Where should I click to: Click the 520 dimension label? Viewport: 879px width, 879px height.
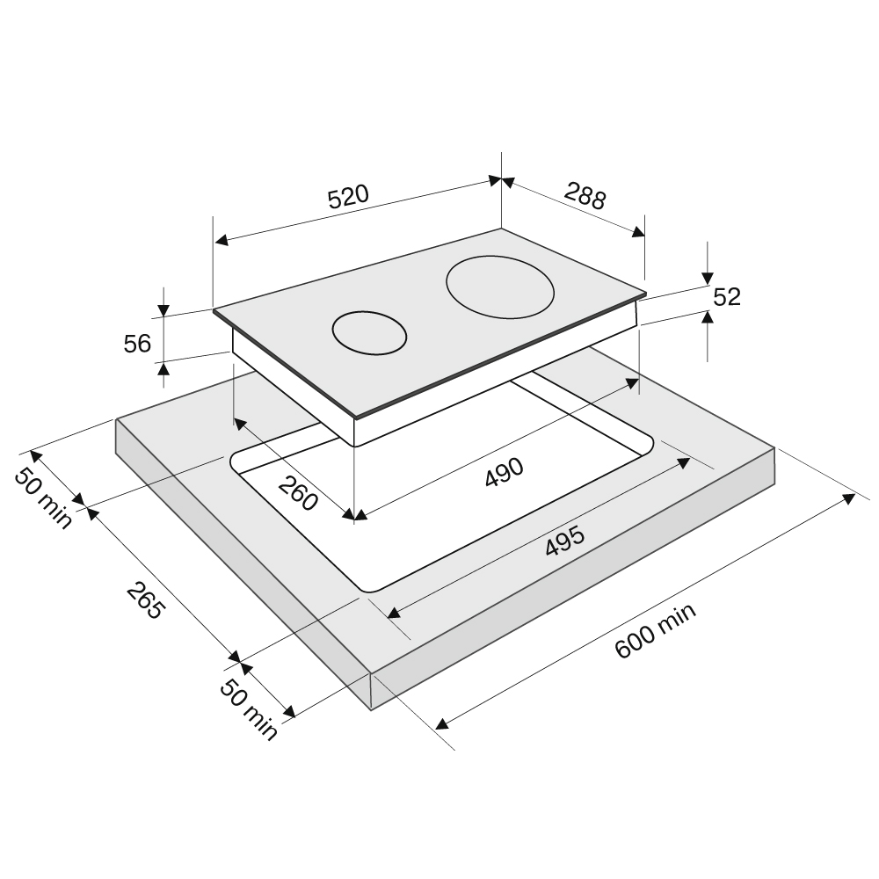pyautogui.click(x=348, y=196)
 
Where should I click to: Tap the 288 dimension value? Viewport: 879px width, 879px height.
pyautogui.click(x=585, y=196)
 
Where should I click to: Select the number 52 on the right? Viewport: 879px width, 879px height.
pyautogui.click(x=727, y=297)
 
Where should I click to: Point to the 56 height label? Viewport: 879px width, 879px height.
pyautogui.click(x=137, y=344)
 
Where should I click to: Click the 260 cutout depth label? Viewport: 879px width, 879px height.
pyautogui.click(x=298, y=493)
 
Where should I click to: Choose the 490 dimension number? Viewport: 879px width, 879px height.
pyautogui.click(x=505, y=472)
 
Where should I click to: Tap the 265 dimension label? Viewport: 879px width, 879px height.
pyautogui.click(x=146, y=600)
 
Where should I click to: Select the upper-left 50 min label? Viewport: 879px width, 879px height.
pyautogui.click(x=43, y=498)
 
